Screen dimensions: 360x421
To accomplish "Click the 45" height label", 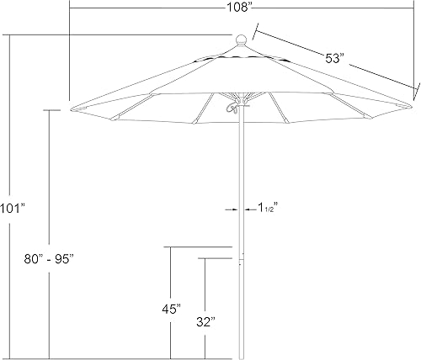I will (x=172, y=310).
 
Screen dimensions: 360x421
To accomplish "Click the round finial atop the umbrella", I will (x=241, y=38).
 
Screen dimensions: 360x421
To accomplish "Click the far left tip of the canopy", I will (x=71, y=109).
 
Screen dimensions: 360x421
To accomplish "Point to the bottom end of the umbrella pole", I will (x=242, y=356).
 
